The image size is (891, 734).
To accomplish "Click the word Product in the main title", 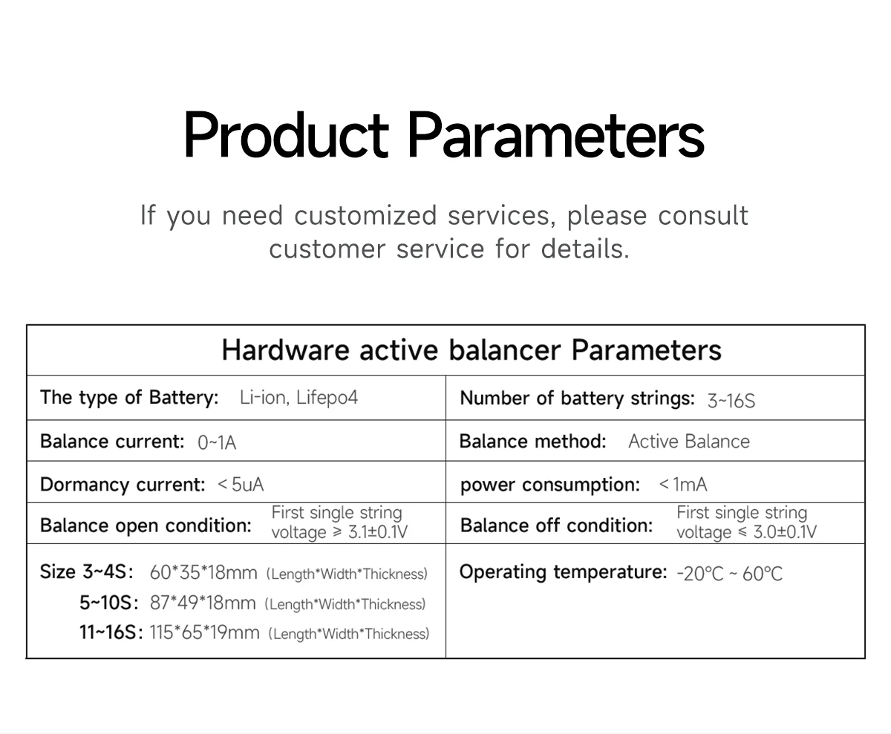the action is [286, 135].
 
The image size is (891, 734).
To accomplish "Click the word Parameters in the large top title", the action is [555, 135].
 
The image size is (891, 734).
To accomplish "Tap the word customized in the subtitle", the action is [366, 215].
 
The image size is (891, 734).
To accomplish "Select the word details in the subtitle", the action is [585, 249].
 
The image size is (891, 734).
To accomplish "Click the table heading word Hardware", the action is [285, 350].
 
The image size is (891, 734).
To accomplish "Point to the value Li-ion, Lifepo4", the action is [298, 398].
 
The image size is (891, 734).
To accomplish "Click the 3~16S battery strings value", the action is [731, 401].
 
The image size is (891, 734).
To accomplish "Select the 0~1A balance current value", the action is [217, 443].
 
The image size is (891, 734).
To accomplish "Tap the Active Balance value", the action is [689, 442].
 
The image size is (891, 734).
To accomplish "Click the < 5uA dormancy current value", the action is [241, 485].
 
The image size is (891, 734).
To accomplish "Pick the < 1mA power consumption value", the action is [683, 485].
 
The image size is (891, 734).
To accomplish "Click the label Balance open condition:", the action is [146, 526].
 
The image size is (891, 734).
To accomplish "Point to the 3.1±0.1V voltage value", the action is [378, 532].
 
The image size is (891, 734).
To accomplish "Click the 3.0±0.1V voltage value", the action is [785, 532].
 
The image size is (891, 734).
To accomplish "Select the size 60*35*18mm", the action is [203, 573].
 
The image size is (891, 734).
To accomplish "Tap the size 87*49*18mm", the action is [203, 603].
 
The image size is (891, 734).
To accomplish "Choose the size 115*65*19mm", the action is [204, 632].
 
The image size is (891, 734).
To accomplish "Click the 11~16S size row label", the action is [111, 632].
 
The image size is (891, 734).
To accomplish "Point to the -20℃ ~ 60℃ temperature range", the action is [730, 574].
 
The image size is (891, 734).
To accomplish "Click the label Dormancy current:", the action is [123, 485].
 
